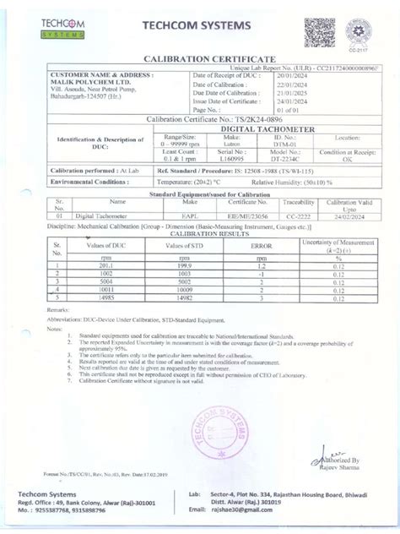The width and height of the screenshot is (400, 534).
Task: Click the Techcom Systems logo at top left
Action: (62, 25)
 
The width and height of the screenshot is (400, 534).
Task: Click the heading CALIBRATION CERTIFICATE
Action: (199, 57)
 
